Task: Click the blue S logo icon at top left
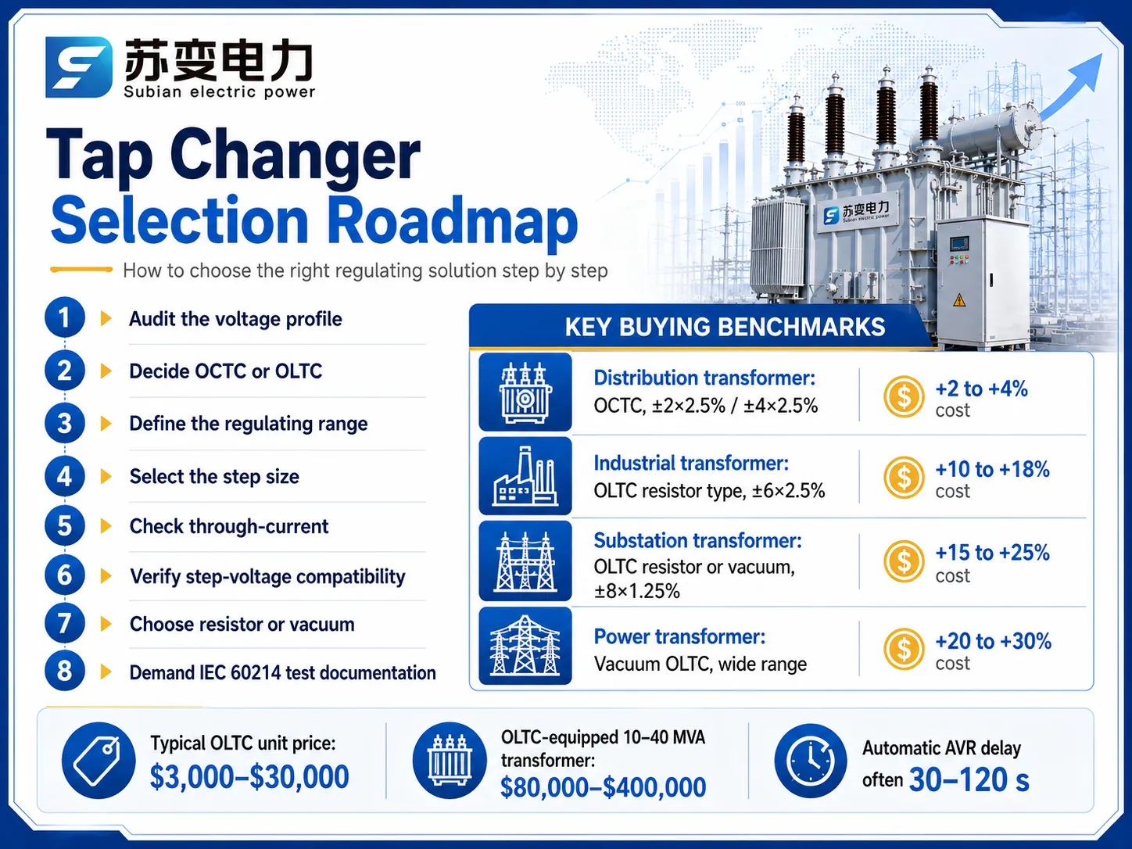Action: (x=78, y=67)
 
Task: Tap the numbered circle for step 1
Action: (x=64, y=317)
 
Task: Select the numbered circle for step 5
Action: (x=64, y=526)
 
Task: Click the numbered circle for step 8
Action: (x=64, y=672)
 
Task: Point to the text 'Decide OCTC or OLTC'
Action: (x=225, y=371)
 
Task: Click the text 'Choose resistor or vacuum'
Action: (x=242, y=625)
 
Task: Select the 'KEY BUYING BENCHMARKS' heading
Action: (x=725, y=328)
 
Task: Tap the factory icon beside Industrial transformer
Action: (x=525, y=476)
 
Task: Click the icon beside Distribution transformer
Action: (x=525, y=392)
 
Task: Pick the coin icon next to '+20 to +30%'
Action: (x=904, y=649)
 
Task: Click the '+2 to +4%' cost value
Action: (x=981, y=389)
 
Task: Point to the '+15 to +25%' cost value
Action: (x=992, y=553)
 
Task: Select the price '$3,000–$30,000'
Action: (x=249, y=777)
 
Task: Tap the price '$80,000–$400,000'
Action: (x=603, y=787)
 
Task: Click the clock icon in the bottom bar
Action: (x=810, y=761)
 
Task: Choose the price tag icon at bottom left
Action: (x=99, y=761)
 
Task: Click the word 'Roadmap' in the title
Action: (x=453, y=222)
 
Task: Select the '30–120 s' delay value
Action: (x=969, y=779)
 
